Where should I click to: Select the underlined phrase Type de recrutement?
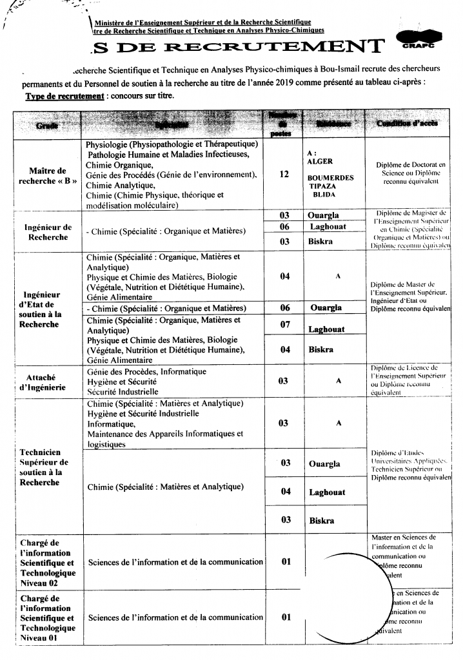click(x=64, y=95)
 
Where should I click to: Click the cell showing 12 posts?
click(x=284, y=174)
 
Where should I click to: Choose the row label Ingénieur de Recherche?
click(x=48, y=232)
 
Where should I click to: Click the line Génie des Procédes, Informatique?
click(x=147, y=372)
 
